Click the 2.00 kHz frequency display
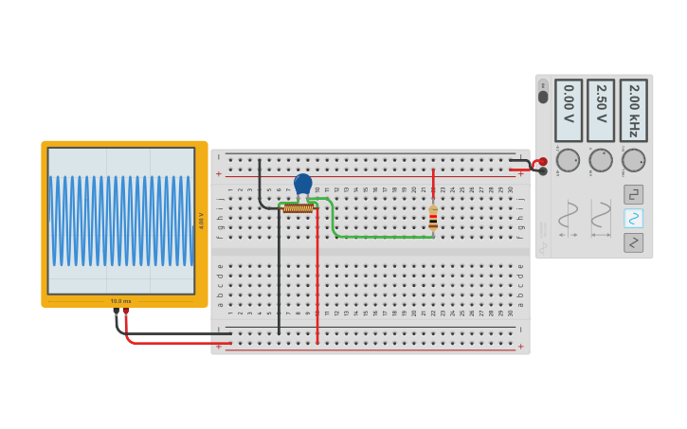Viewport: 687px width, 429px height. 633,110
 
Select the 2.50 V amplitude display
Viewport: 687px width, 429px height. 601,110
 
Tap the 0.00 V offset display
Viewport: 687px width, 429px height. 569,110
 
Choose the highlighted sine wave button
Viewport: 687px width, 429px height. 633,219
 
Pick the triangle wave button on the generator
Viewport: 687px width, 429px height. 633,243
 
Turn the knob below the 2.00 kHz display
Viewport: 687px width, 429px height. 633,160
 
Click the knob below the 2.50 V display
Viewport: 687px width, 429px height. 601,160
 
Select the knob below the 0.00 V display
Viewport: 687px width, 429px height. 569,160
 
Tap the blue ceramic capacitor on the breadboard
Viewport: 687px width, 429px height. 303,184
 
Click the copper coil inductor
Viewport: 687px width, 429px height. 298,208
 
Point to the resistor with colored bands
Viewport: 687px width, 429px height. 433,219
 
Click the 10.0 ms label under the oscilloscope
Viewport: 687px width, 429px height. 121,301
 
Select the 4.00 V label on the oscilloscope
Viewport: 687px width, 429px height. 201,221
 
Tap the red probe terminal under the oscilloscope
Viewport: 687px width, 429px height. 126,311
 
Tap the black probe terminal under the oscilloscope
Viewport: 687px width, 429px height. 116,311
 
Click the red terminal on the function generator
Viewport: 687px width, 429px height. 542,162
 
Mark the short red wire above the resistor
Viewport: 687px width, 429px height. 433,186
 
